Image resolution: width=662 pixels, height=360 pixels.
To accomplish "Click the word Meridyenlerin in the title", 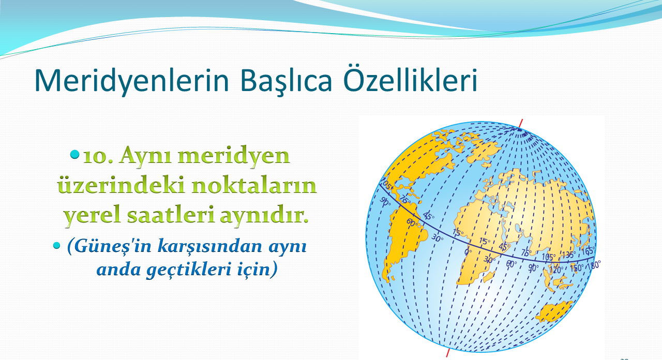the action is click(x=131, y=80).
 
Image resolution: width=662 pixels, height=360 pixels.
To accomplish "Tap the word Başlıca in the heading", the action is click(x=286, y=80).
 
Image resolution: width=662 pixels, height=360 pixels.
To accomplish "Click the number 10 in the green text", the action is click(x=98, y=156).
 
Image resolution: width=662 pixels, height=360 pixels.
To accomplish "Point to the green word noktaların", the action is click(x=254, y=185).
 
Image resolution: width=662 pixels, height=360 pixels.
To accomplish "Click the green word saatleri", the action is click(x=171, y=215).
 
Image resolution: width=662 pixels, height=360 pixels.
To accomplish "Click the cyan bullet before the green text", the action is click(x=75, y=154).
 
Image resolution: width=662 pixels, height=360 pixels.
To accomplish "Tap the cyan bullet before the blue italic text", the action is click(x=56, y=245).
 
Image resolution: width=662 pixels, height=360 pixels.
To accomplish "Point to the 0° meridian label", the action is click(x=468, y=252).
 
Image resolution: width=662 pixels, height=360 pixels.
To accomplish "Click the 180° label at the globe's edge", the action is click(x=594, y=265).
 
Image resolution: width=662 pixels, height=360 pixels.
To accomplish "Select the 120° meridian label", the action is click(x=556, y=269).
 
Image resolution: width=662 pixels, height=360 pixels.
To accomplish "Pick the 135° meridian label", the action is click(x=568, y=255).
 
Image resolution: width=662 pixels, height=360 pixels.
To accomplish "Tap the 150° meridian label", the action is click(x=577, y=268).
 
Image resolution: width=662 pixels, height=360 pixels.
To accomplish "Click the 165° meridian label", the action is click(x=588, y=251).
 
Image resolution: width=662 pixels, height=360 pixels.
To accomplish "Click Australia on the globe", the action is click(x=554, y=311).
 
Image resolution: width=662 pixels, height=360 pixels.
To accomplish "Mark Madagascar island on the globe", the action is click(x=489, y=277).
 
